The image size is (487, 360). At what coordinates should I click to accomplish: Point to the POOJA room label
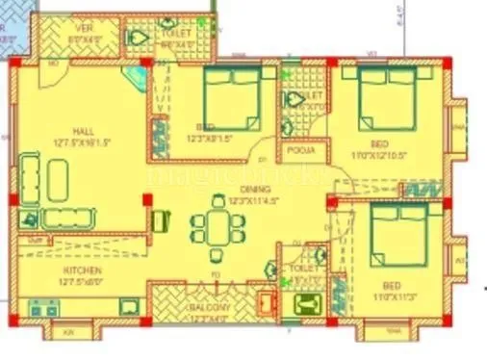295,152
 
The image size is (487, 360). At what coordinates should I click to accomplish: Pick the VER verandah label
85,30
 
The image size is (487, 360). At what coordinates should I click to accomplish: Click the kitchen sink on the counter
127,307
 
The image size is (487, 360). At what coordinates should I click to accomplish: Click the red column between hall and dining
146,200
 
